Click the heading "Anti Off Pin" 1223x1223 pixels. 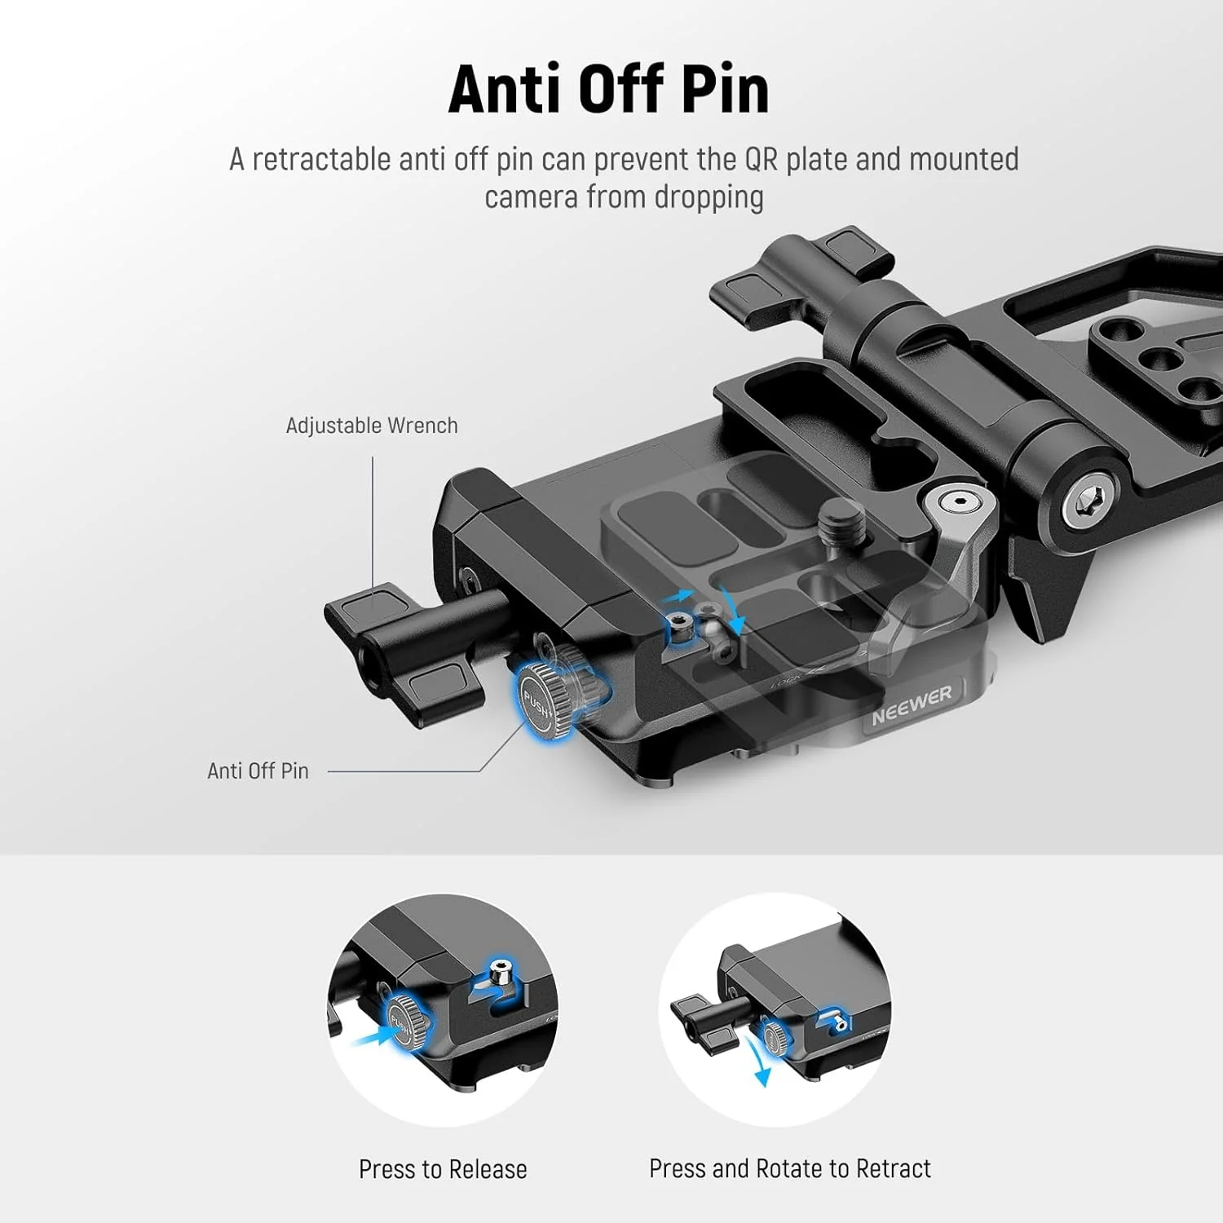tap(608, 89)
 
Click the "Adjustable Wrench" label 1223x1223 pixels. tap(371, 426)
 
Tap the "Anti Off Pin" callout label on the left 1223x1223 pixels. tap(258, 771)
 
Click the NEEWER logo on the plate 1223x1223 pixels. tap(911, 705)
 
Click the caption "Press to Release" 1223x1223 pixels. tap(443, 1169)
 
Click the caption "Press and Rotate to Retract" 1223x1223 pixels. tap(789, 1168)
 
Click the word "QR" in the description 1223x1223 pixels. tap(762, 160)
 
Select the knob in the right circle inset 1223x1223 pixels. tap(775, 1037)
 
